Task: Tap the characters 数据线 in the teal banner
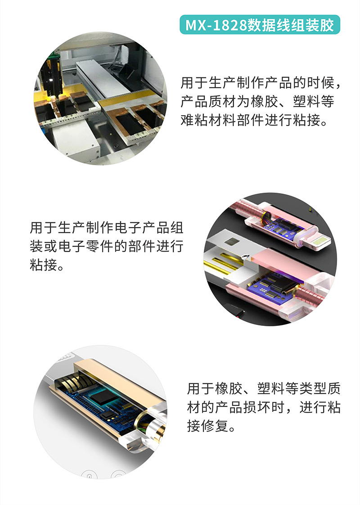pyautogui.click(x=266, y=25)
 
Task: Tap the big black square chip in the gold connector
pyautogui.click(x=105, y=397)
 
